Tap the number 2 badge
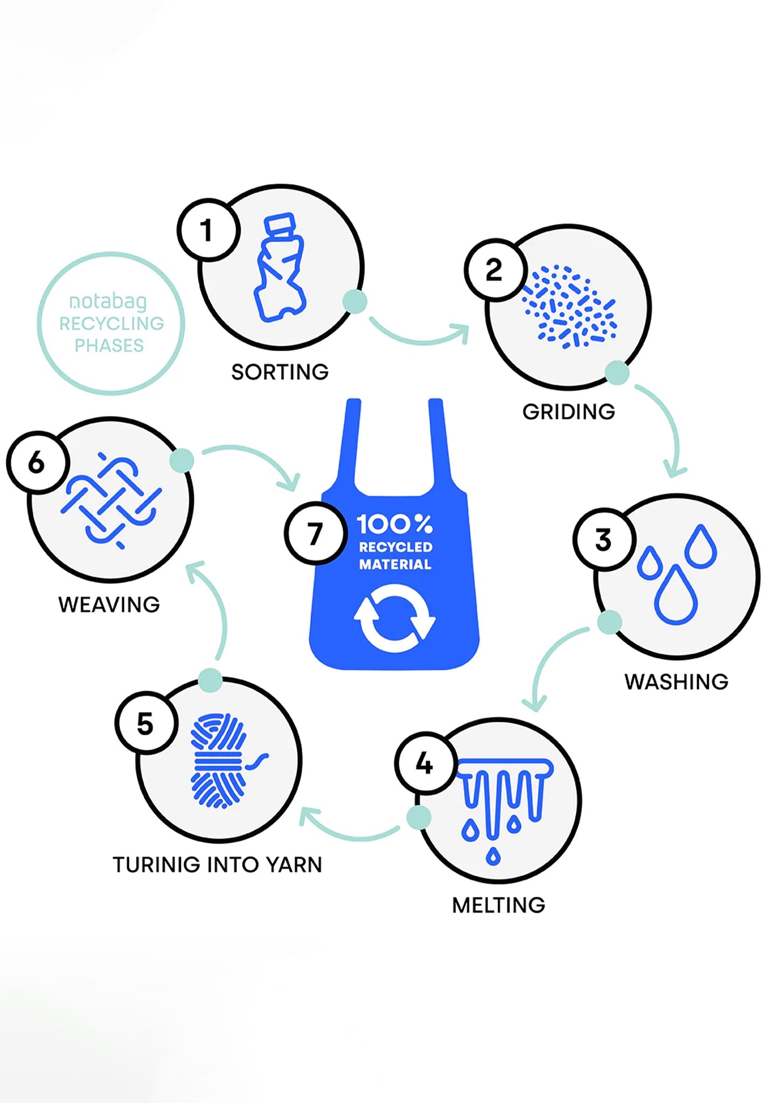point(494,269)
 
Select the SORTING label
point(280,372)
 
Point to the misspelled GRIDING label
point(568,412)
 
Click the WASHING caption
point(676,682)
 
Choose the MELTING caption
point(498,905)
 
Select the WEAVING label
point(109,605)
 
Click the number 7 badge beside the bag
point(315,534)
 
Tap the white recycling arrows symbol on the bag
point(394,618)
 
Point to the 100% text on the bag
point(394,523)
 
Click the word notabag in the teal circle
point(108,302)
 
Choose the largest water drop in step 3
point(676,598)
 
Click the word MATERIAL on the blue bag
point(395,564)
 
